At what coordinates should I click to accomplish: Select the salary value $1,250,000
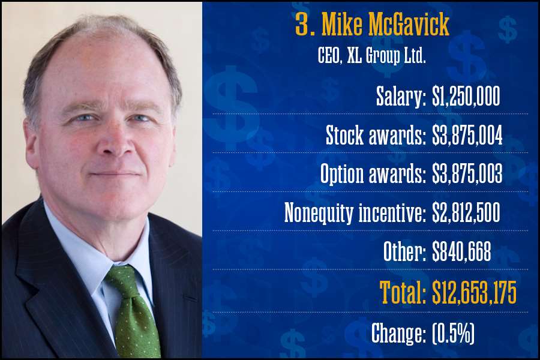coord(466,98)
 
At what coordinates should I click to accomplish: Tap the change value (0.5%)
coord(453,333)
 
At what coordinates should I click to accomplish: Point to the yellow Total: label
coord(403,293)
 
